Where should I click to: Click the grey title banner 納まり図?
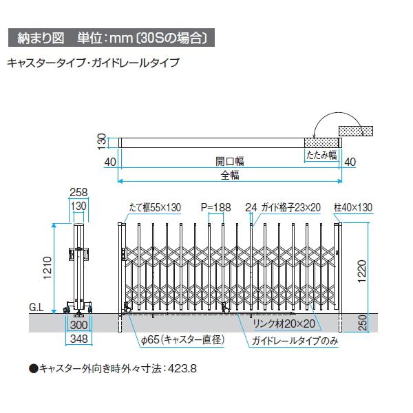point(112,38)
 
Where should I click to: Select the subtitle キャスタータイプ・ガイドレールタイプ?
point(93,63)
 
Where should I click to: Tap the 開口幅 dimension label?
point(230,161)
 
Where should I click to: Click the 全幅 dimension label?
point(230,175)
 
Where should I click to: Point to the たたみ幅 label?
point(321,155)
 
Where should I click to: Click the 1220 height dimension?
point(363,271)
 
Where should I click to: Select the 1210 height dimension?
point(47,268)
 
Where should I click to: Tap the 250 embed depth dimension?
point(363,323)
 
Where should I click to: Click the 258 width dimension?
point(78,192)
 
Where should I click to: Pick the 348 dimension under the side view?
point(78,339)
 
